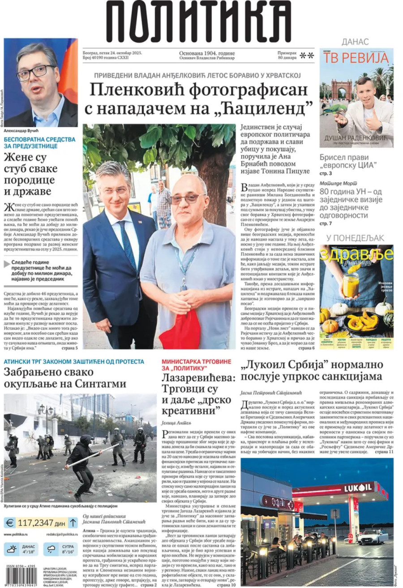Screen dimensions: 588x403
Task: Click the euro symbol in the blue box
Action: point(10,522)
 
